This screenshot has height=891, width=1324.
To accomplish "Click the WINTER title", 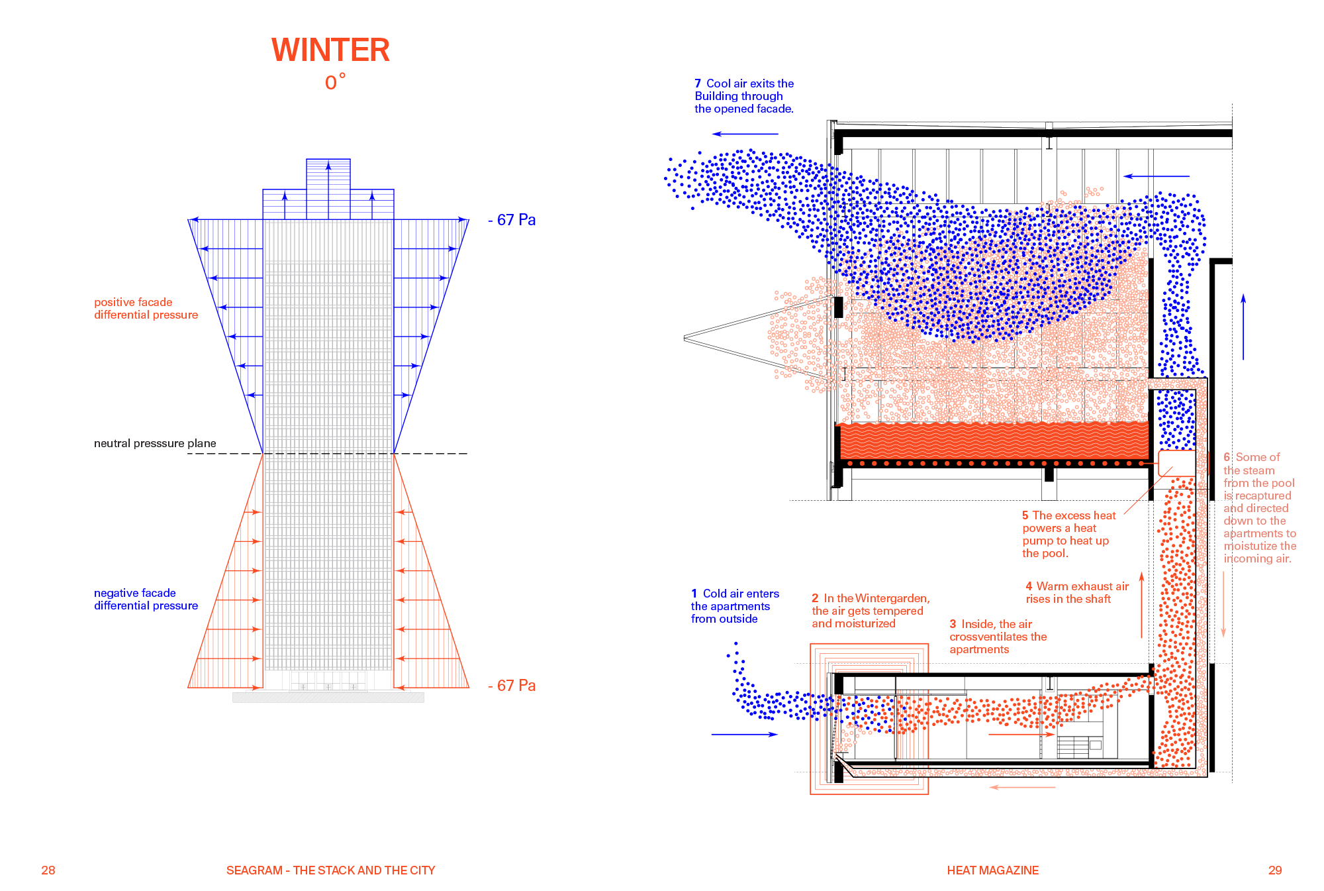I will (x=330, y=50).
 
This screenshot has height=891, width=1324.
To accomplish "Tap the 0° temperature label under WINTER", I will (x=335, y=82).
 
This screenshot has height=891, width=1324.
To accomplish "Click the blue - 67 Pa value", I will (x=512, y=220).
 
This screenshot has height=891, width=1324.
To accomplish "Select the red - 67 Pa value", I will (x=512, y=686).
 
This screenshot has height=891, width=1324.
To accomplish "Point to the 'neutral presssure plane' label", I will (x=155, y=443).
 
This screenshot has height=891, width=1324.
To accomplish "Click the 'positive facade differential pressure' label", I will (x=146, y=309).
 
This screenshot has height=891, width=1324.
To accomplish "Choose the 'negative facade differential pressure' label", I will (x=146, y=600).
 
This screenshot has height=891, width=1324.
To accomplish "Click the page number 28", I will (x=48, y=870).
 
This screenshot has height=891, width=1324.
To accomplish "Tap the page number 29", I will (x=1275, y=870).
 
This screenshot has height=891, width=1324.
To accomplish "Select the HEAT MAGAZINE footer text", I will (x=992, y=870).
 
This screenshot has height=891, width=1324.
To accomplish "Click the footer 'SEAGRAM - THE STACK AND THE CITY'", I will (x=330, y=870).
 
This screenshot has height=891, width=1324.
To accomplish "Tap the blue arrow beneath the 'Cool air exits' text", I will (x=745, y=134).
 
